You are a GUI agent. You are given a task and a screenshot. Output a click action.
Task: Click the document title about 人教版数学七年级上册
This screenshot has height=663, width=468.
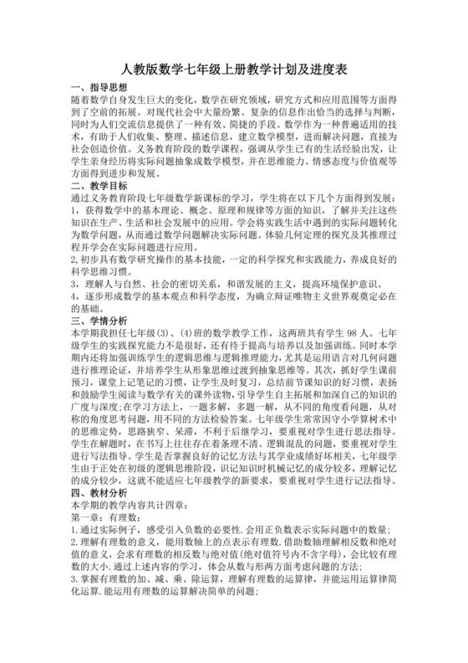pos(234,69)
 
